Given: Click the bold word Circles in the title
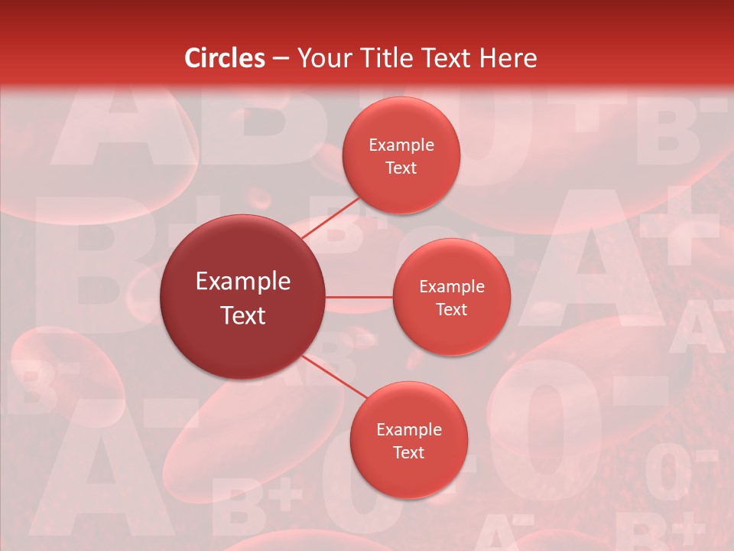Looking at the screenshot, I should pyautogui.click(x=225, y=58).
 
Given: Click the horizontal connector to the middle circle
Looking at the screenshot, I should pyautogui.click(x=359, y=296).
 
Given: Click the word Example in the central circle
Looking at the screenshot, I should pyautogui.click(x=243, y=282).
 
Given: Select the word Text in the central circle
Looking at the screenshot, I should pyautogui.click(x=243, y=315).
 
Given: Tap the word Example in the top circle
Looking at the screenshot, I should pyautogui.click(x=401, y=145).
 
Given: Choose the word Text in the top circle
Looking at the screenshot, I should pyautogui.click(x=401, y=168).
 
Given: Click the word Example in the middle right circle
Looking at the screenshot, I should pyautogui.click(x=452, y=286).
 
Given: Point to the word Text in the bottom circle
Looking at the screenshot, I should pyautogui.click(x=408, y=452).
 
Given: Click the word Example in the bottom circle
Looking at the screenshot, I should pyautogui.click(x=409, y=429).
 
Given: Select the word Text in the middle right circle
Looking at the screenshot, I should pyautogui.click(x=452, y=309).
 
